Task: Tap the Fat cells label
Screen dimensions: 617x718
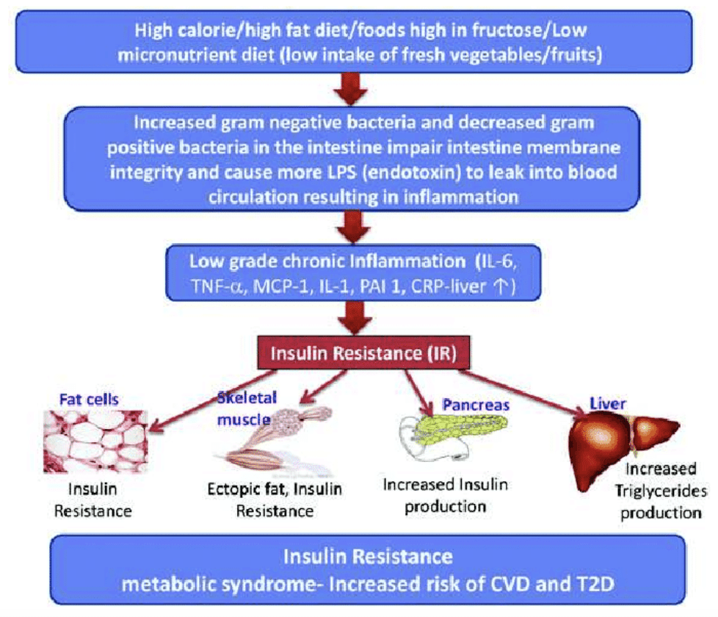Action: click(x=89, y=401)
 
